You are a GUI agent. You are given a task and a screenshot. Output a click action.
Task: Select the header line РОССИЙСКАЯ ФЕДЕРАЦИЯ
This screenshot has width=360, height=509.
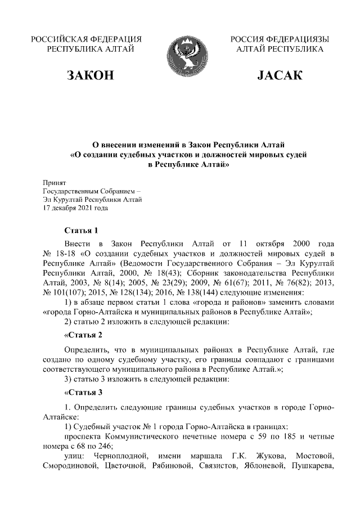pos(85,39)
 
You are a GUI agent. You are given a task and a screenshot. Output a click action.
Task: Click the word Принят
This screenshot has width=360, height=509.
pos(55,183)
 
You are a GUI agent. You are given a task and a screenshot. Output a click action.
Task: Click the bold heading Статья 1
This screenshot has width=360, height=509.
pos(82,231)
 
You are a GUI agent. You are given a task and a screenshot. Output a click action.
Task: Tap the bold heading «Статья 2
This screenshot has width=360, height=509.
pos(83,336)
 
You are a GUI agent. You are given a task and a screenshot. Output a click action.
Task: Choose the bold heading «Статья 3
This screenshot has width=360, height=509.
pos(83,392)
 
